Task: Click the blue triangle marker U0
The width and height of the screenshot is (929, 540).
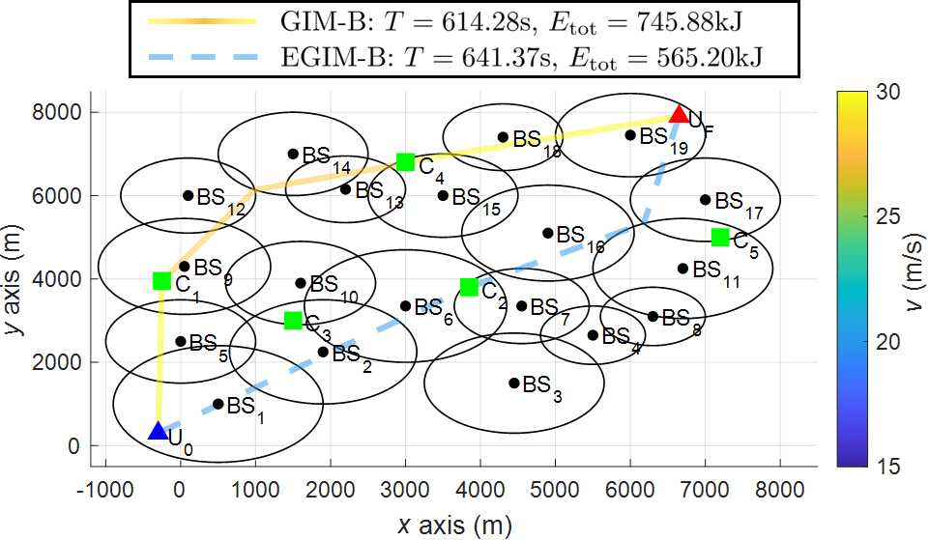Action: click(158, 431)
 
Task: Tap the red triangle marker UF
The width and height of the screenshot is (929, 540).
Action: click(680, 114)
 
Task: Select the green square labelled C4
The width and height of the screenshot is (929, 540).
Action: click(406, 162)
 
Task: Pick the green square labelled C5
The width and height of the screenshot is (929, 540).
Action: click(720, 237)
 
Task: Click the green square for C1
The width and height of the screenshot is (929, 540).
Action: click(161, 281)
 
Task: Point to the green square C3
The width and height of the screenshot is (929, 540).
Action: click(293, 321)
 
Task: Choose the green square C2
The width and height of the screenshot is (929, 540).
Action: click(469, 287)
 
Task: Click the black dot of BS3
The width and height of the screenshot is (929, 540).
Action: click(514, 383)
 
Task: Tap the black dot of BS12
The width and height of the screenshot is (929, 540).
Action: click(188, 195)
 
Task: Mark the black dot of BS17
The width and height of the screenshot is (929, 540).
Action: click(706, 200)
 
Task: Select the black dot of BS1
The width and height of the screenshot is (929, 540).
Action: click(218, 404)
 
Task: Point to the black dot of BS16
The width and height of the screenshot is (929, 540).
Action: click(548, 233)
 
